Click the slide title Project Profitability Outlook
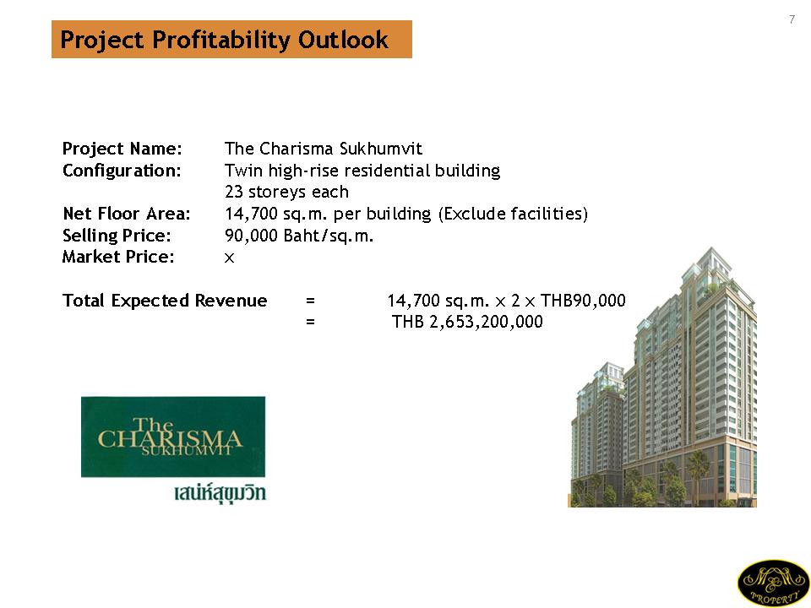224,40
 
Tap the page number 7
792,19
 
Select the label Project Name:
122,149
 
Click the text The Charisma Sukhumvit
324,149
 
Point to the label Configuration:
122,171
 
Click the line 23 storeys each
286,192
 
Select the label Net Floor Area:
127,214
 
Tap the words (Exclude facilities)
513,214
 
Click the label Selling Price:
117,236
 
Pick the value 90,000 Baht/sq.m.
299,236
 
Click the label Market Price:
118,257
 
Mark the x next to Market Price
229,258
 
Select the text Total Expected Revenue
165,301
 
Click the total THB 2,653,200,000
467,322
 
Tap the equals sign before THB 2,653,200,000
310,322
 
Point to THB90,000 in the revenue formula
583,301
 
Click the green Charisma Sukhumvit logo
173,437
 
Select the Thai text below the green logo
220,492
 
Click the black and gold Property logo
773,584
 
